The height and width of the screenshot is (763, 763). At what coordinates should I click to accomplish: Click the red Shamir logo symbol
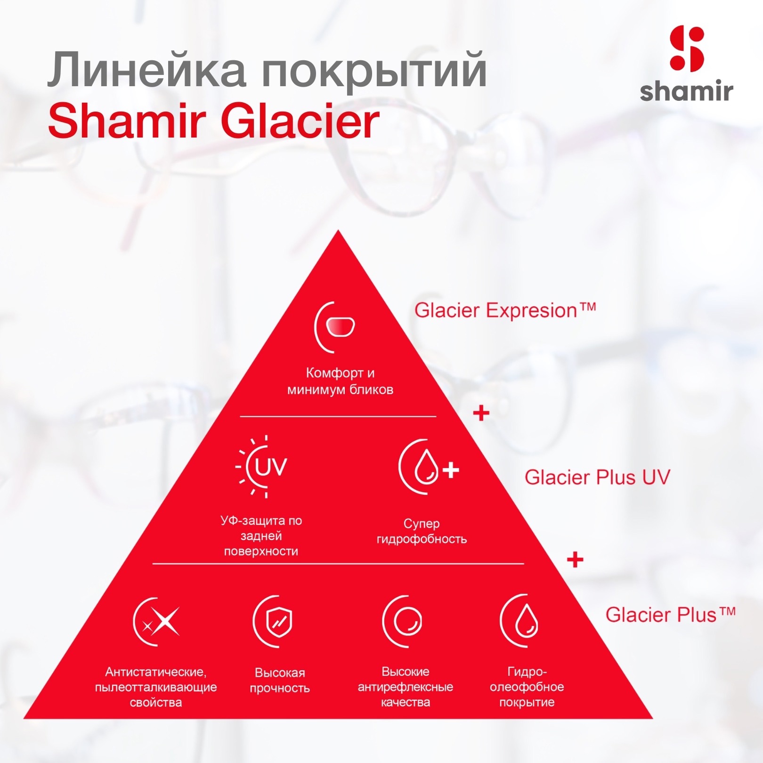687,49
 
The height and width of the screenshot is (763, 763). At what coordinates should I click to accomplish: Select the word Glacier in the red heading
300,121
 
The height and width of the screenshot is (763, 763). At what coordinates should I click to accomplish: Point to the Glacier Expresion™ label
505,310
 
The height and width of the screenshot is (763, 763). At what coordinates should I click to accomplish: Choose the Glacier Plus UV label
597,477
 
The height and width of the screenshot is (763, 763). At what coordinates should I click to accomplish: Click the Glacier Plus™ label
670,615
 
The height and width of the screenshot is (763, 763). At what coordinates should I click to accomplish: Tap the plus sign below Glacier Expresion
481,414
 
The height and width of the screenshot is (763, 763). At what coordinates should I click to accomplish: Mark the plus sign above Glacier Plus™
575,560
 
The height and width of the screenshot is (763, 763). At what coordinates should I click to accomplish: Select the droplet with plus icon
428,467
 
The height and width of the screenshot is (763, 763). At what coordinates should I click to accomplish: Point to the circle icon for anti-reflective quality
402,622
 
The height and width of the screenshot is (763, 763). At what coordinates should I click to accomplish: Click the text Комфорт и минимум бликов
340,381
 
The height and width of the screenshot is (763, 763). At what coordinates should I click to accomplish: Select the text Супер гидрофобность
422,531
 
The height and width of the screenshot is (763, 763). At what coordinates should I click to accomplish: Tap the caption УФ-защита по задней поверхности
261,536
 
